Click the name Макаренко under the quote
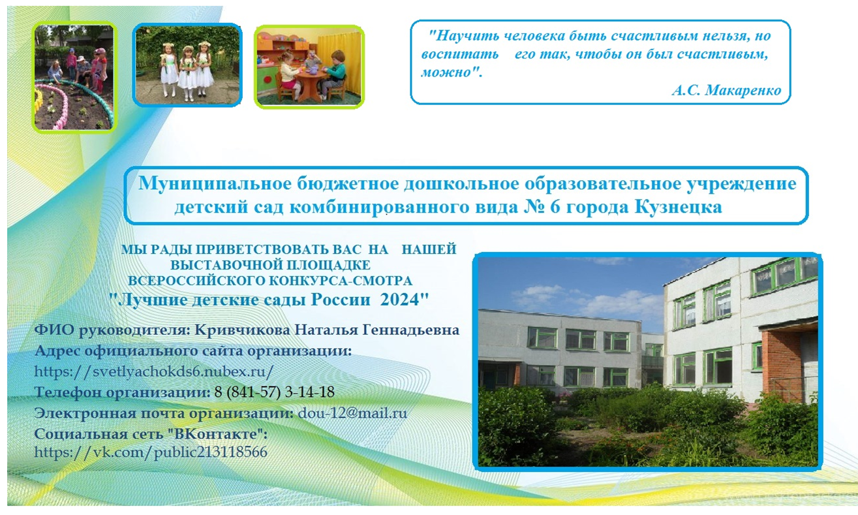coord(743,91)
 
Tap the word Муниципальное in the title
coord(215,183)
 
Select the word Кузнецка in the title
coord(679,207)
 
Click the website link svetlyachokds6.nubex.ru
coord(154,371)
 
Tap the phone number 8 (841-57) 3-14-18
coord(274,392)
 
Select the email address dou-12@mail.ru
coord(352,413)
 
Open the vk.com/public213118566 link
coord(151,452)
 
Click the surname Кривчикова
coord(242,330)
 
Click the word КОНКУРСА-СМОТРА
coord(341,281)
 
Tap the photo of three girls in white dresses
coord(187,65)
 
